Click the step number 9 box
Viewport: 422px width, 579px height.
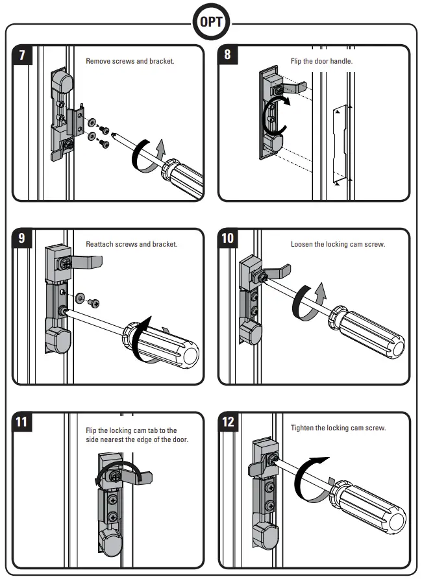(22, 238)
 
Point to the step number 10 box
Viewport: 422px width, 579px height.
(228, 238)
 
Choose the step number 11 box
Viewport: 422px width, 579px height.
(22, 422)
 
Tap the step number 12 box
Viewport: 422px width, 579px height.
(228, 422)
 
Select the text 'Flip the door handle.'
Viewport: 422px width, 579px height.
(321, 61)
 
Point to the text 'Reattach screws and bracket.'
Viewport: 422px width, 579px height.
(131, 245)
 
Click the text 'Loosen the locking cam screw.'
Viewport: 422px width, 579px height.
(338, 245)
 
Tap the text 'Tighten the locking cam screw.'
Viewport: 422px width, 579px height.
(338, 428)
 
